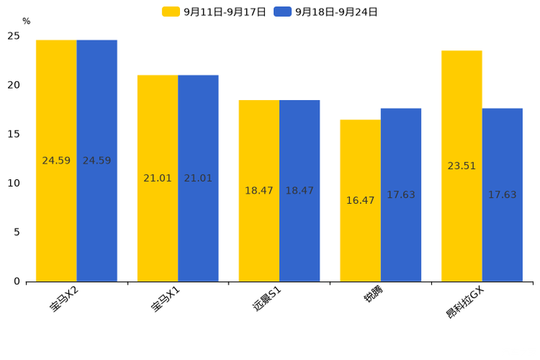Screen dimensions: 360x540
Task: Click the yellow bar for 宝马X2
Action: point(56,160)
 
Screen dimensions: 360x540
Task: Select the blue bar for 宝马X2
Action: point(97,160)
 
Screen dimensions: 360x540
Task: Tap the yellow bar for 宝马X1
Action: point(157,178)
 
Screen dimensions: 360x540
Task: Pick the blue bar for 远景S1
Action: point(299,190)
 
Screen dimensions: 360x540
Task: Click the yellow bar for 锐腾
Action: point(360,200)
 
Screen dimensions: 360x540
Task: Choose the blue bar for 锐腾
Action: point(401,195)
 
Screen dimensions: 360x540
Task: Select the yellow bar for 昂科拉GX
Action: point(462,165)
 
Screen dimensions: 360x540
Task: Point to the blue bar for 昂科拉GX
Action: point(502,195)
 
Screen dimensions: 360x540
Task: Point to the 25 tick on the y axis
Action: point(14,36)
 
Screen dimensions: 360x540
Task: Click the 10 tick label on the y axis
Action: point(14,184)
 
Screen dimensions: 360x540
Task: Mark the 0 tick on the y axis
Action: point(17,282)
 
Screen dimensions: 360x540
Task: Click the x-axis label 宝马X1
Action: point(165,300)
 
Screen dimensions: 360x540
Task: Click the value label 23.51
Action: point(462,165)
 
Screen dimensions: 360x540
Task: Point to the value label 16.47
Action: point(360,200)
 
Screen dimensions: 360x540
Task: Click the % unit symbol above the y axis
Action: point(26,21)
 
